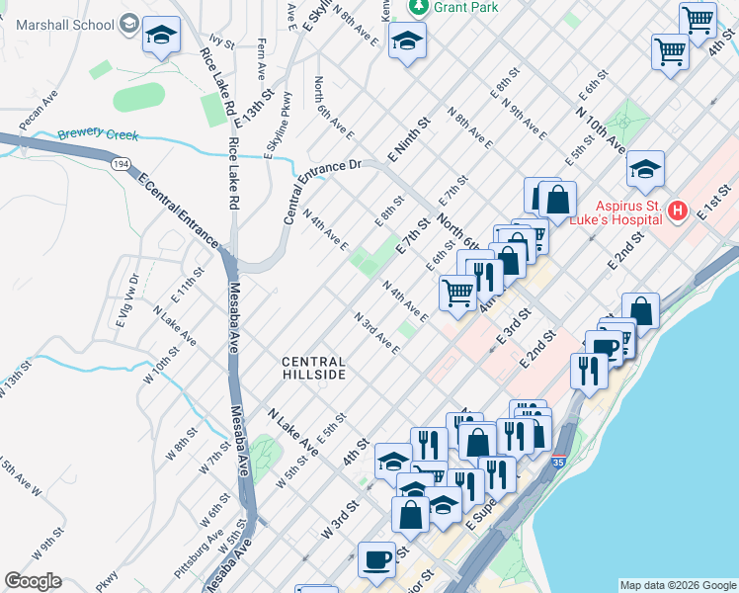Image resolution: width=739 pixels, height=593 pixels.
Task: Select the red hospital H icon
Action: click(678, 211)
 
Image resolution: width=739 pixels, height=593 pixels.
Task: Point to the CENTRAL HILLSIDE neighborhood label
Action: click(314, 369)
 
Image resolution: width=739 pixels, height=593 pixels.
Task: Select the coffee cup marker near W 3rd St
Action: click(375, 559)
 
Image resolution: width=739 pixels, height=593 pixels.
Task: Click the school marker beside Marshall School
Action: click(161, 37)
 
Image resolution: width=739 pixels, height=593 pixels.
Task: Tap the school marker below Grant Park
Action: click(405, 41)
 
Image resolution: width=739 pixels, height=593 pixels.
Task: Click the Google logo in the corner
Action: click(33, 581)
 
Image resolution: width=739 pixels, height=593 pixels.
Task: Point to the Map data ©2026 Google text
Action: click(677, 584)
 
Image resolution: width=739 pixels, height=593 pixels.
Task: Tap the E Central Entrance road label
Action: click(177, 209)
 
